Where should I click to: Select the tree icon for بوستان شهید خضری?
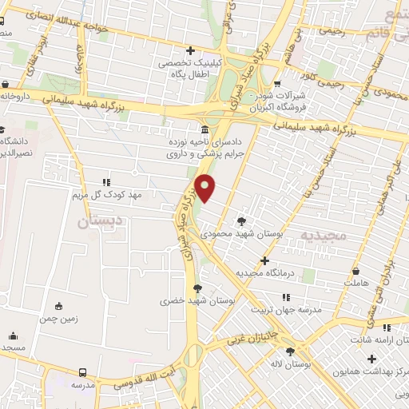[197, 288]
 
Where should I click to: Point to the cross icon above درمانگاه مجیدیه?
[265, 260]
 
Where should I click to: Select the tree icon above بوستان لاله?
[290, 351]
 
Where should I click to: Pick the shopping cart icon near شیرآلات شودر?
[277, 82]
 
